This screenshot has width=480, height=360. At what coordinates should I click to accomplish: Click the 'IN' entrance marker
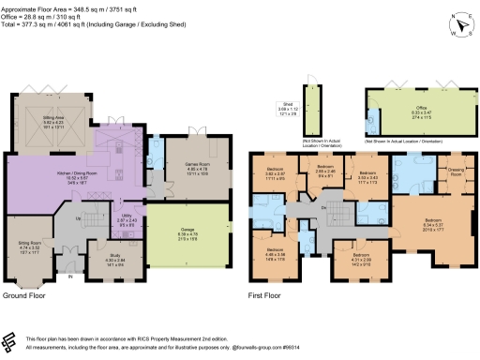67,277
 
